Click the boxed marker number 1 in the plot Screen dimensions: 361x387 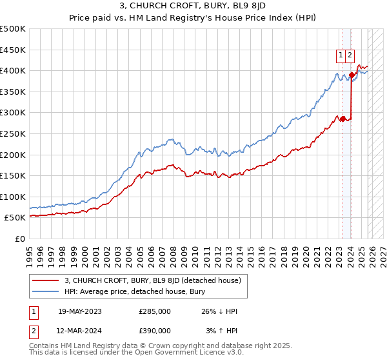tap(340, 55)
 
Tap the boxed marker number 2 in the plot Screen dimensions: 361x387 tap(350, 55)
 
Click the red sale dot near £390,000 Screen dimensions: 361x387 tap(352, 75)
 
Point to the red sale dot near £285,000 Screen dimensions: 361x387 tap(342, 119)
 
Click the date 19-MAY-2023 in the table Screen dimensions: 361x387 tap(79, 311)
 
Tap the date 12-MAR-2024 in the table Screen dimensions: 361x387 tap(79, 330)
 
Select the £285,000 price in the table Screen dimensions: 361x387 tap(155, 311)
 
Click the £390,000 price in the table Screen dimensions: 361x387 tap(155, 330)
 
